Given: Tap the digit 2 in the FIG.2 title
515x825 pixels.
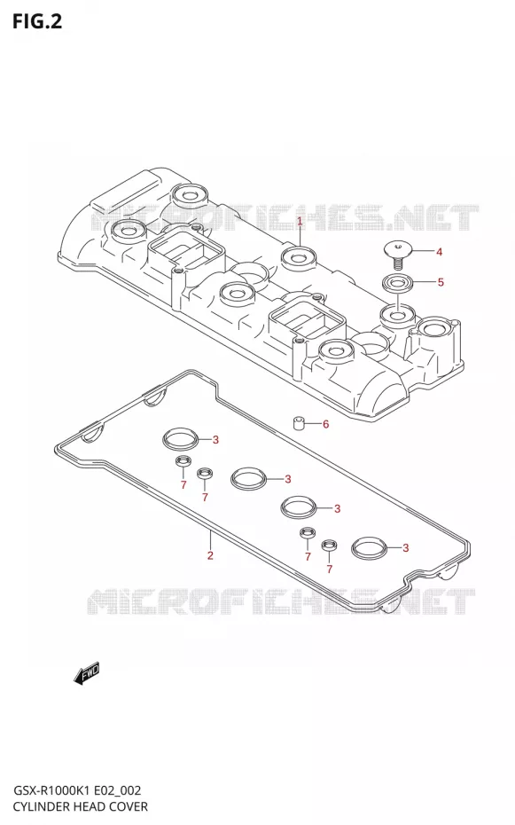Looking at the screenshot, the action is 56,22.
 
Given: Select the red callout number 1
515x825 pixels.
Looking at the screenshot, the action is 300,222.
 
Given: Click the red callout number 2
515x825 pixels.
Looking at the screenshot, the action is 210,555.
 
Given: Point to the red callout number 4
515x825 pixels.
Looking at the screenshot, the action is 440,252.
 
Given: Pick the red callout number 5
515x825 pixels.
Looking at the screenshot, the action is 441,283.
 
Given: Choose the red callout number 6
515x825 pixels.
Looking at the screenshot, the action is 326,424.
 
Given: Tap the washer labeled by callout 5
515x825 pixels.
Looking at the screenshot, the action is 397,283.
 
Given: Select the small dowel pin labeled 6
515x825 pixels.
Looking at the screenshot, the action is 299,422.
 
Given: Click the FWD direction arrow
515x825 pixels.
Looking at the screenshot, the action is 87,674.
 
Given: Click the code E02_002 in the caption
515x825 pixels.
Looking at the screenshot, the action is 121,791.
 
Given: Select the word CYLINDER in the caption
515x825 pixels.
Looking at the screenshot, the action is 40,806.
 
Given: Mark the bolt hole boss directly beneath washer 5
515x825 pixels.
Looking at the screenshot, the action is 397,316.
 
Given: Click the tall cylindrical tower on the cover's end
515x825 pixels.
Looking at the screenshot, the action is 435,342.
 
